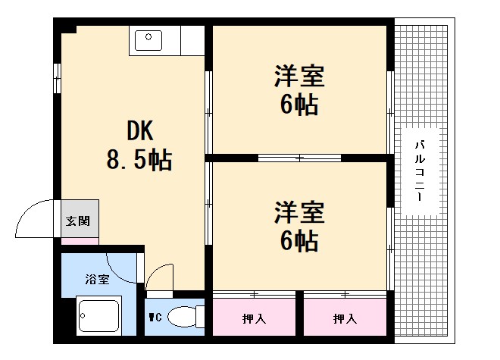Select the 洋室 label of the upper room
coord(299,77)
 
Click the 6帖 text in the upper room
coord(299,105)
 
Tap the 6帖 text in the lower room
coord(299,241)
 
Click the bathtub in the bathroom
coord(98,317)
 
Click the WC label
coord(155,317)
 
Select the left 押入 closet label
coord(254,319)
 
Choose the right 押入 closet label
coord(345,319)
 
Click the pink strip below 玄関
coord(80,241)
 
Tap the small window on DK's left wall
coord(58,74)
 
